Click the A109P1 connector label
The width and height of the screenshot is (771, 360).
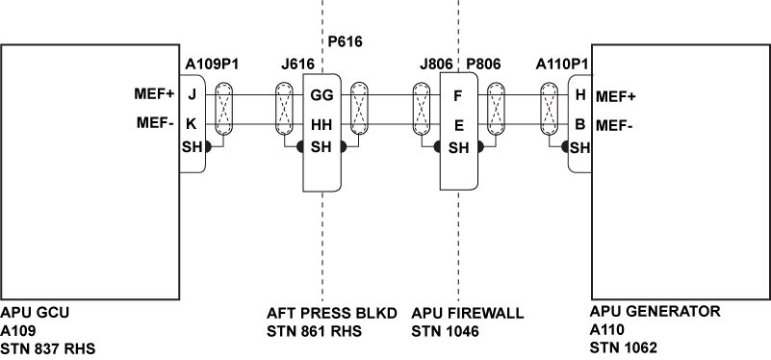[211, 64]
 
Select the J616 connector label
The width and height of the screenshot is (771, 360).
[297, 64]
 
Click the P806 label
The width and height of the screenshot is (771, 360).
[484, 64]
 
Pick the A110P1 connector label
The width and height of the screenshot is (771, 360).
[563, 64]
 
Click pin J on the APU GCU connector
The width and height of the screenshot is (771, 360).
[193, 95]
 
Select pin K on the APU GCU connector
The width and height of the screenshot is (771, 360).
[193, 124]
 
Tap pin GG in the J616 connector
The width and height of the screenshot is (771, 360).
[321, 95]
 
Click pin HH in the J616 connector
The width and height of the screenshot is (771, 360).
[321, 125]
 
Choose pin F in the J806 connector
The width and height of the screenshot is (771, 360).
[459, 95]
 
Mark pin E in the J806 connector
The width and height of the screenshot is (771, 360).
[459, 125]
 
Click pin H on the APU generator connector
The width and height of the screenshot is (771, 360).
[579, 95]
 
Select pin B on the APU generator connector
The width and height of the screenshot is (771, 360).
[579, 124]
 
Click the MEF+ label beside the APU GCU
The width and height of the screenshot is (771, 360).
[154, 95]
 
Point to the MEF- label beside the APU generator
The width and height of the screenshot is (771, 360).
[616, 124]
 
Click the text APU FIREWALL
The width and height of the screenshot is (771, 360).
[467, 313]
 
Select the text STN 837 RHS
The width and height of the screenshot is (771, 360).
[49, 347]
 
